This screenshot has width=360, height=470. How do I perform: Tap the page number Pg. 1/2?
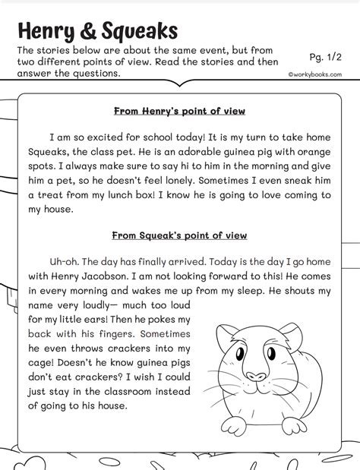pos(327,57)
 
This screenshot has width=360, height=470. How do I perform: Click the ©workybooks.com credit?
pos(314,75)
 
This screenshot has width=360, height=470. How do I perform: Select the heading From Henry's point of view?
pos(179,111)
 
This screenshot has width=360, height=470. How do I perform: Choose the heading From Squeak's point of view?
pos(179,235)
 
